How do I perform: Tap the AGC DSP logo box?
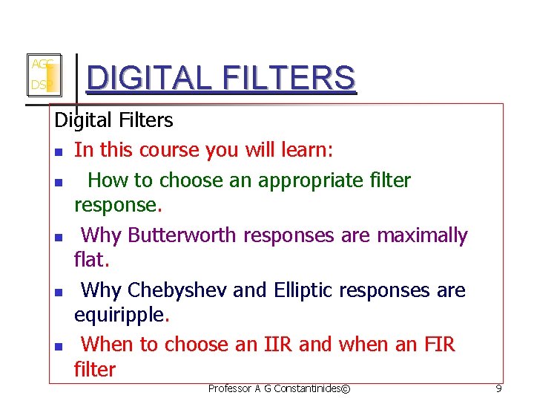44,76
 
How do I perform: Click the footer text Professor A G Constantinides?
279,388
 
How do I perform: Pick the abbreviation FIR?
439,345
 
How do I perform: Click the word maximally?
423,235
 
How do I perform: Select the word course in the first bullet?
168,150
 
